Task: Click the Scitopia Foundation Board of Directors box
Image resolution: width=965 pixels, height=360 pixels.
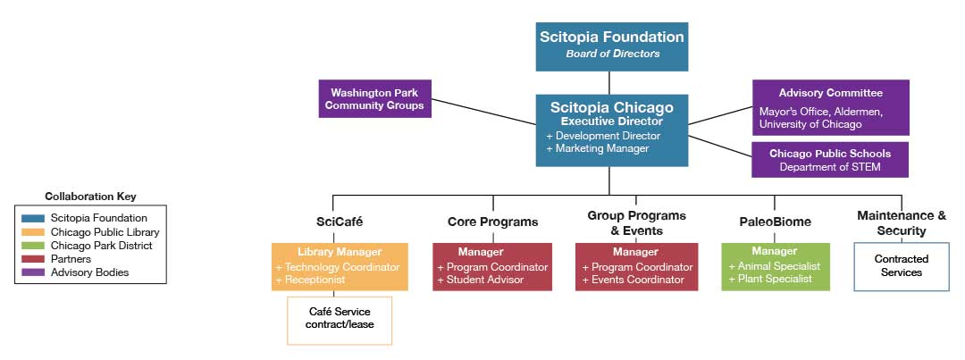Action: tap(611, 46)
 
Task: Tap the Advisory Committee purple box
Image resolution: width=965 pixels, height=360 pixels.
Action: tap(830, 107)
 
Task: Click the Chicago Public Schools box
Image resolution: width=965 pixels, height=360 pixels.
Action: tap(829, 160)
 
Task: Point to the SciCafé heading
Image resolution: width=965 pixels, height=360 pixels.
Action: tap(340, 222)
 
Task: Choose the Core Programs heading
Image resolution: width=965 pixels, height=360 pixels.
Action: tap(492, 222)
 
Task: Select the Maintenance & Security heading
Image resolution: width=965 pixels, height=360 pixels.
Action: tap(901, 222)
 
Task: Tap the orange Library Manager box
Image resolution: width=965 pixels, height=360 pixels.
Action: tap(340, 266)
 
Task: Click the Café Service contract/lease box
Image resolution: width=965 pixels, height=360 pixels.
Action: tap(340, 319)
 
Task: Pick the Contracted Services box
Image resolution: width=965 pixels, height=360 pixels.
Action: tap(901, 266)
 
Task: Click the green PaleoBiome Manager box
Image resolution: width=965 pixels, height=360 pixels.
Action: tap(776, 266)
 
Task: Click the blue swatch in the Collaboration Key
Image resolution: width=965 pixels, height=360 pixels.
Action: tap(33, 218)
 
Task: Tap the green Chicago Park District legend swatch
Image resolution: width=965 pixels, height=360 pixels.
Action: tap(33, 246)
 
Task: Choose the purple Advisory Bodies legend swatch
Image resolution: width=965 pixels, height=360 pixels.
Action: tap(33, 272)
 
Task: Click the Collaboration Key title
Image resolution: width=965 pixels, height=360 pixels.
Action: tap(90, 197)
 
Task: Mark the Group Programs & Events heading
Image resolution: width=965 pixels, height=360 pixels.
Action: tap(636, 222)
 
